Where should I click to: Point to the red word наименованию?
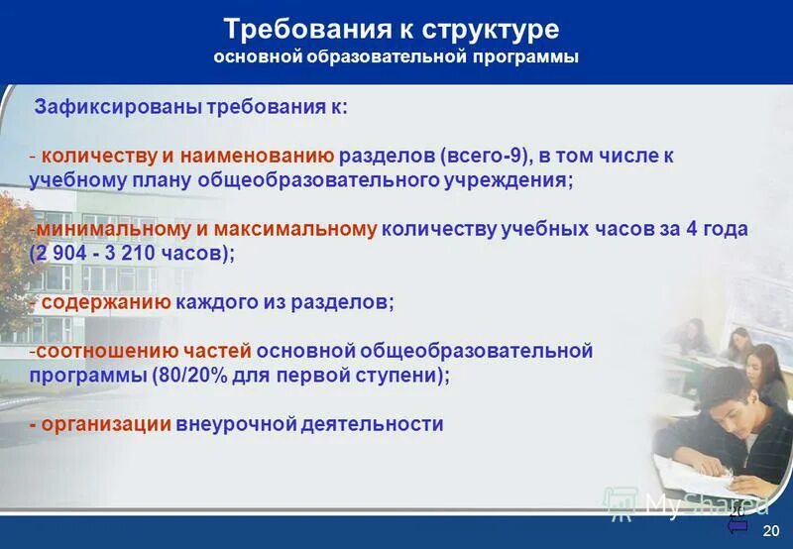[x=268, y=157]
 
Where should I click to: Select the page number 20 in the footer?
[x=771, y=532]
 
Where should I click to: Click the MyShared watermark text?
[x=704, y=504]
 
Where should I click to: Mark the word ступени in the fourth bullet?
[x=403, y=375]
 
